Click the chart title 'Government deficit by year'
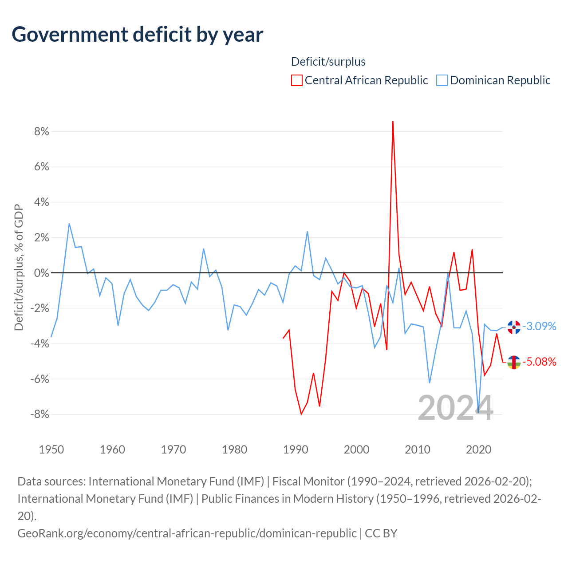[x=137, y=35]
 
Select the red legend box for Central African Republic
[x=296, y=80]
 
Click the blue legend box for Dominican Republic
[x=442, y=80]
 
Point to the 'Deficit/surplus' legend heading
[x=328, y=62]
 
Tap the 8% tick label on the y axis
[x=42, y=131]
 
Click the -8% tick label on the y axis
[x=40, y=414]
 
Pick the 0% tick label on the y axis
[x=42, y=273]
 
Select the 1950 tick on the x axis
[x=51, y=450]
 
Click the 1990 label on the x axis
[x=296, y=450]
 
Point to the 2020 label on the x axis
[x=478, y=450]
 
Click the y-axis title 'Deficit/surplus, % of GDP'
[x=19, y=267]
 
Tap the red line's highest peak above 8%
[x=393, y=122]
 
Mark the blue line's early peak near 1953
[x=69, y=224]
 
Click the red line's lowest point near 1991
[x=301, y=414]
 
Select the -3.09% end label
[x=539, y=326]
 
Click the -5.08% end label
[x=539, y=362]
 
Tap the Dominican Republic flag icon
[x=514, y=327]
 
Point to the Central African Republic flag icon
[x=514, y=363]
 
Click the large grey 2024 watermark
[x=455, y=408]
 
